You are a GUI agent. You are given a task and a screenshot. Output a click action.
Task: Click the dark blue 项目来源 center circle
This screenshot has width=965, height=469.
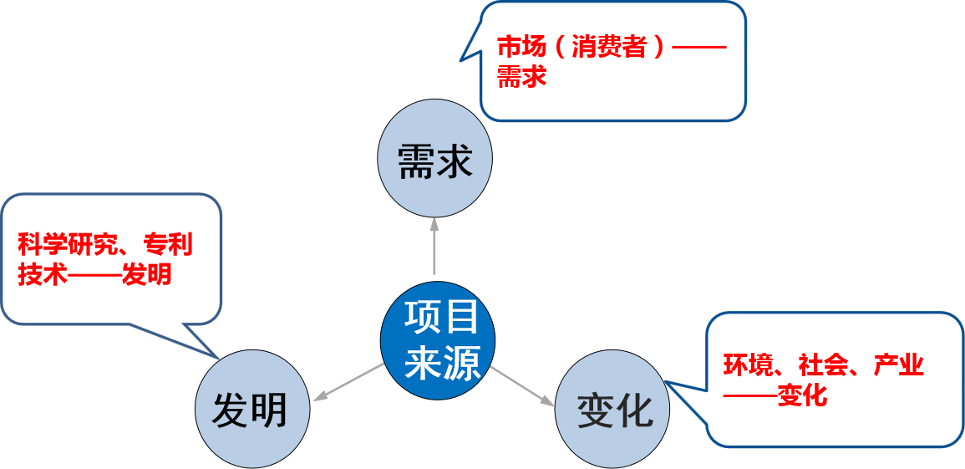click(x=439, y=339)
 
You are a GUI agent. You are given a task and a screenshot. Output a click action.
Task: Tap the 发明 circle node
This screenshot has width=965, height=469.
click(x=251, y=410)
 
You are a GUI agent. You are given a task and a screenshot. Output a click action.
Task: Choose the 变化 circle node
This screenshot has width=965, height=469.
click(x=613, y=410)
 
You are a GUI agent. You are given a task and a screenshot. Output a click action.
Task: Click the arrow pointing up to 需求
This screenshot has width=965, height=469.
click(x=434, y=247)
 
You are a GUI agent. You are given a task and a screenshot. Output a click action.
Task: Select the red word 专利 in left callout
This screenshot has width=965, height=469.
click(x=168, y=245)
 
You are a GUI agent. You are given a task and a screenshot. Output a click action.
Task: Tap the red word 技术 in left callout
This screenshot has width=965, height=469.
click(x=42, y=274)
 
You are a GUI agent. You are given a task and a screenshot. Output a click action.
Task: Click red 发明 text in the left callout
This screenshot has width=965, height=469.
click(x=147, y=274)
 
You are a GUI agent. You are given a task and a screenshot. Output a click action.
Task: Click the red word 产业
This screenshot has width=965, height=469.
click(x=898, y=365)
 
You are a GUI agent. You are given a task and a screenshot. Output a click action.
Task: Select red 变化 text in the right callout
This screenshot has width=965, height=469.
click(x=802, y=395)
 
